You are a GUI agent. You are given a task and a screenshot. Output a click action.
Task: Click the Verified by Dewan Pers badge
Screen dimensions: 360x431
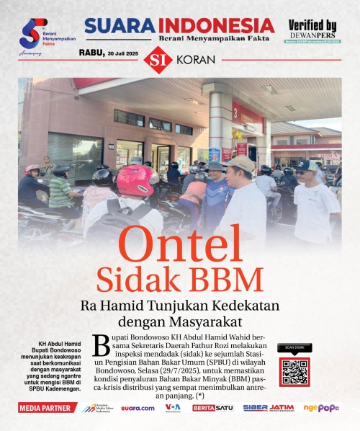pos(312,31)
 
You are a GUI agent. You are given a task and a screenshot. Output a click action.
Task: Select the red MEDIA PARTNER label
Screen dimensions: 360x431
pos(47,408)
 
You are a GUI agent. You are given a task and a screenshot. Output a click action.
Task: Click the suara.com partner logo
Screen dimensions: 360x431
pos(137,408)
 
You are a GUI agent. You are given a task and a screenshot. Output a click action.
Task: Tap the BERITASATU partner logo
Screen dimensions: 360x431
pos(213,408)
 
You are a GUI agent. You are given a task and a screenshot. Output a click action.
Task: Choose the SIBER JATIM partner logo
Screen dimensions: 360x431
pos(268,408)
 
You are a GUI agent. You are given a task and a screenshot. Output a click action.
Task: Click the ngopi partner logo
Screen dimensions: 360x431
pos(320,408)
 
